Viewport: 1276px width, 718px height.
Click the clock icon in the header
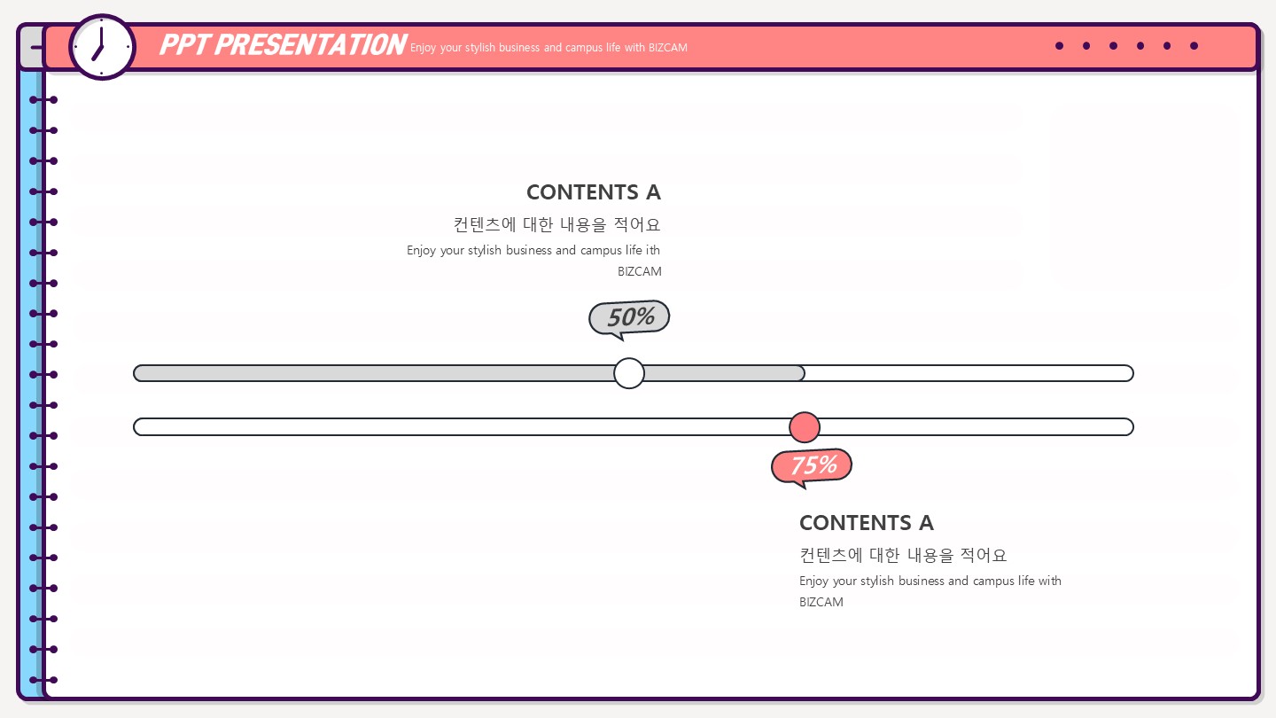tap(102, 47)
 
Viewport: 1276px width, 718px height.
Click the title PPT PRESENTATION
tap(283, 45)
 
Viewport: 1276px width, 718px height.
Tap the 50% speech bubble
tap(630, 317)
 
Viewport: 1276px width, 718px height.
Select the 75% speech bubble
tap(812, 465)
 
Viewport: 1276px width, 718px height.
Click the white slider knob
tap(629, 373)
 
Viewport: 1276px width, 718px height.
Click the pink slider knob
tap(805, 427)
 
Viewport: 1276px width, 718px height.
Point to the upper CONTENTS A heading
tap(593, 192)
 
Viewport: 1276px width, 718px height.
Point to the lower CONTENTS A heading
tap(866, 523)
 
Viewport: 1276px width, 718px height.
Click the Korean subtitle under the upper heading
tap(556, 224)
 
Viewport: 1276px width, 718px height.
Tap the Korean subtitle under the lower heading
tap(903, 556)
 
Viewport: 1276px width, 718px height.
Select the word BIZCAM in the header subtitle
tap(668, 48)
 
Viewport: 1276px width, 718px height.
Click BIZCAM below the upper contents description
tap(639, 272)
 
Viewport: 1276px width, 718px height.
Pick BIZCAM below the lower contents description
tap(821, 603)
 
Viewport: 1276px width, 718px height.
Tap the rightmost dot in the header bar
tap(1194, 46)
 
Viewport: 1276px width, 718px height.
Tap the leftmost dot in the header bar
tap(1059, 46)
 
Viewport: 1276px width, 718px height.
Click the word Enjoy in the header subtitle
tap(424, 48)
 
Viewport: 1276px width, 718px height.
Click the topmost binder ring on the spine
tap(43, 100)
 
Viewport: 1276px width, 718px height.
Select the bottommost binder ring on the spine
tap(43, 680)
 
